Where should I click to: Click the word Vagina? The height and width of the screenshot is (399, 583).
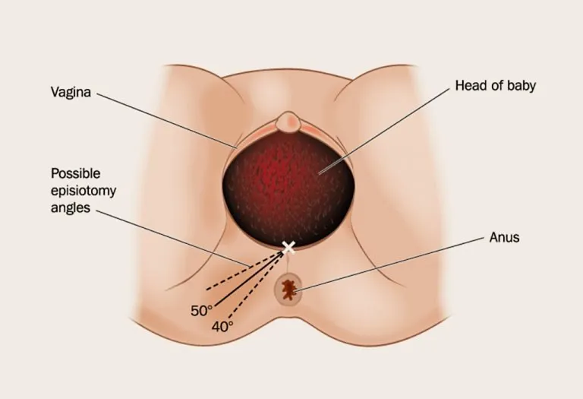pyautogui.click(x=71, y=92)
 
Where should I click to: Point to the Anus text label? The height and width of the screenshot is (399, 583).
pyautogui.click(x=504, y=237)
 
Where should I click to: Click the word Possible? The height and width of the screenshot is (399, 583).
pyautogui.click(x=75, y=173)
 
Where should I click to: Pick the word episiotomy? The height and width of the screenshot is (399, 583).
pyautogui.click(x=84, y=191)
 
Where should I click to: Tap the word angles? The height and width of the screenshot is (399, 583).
pyautogui.click(x=71, y=207)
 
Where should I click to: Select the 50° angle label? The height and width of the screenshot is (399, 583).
pyautogui.click(x=201, y=311)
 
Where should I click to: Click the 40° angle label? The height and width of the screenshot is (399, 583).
pyautogui.click(x=222, y=327)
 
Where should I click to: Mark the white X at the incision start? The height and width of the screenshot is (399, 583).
pyautogui.click(x=288, y=248)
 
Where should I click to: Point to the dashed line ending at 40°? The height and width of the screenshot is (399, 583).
pyautogui.click(x=257, y=287)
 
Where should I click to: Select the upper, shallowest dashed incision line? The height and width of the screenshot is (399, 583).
pyautogui.click(x=244, y=271)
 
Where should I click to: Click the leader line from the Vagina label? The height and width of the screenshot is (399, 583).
pyautogui.click(x=166, y=120)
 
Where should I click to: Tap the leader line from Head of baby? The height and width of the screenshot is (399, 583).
pyautogui.click(x=384, y=131)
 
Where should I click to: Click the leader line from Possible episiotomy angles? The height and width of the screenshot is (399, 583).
pyautogui.click(x=173, y=238)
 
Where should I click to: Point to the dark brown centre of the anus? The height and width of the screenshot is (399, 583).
pyautogui.click(x=288, y=290)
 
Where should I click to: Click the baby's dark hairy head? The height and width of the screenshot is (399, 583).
pyautogui.click(x=286, y=190)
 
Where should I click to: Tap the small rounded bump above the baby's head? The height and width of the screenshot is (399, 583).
pyautogui.click(x=288, y=122)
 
